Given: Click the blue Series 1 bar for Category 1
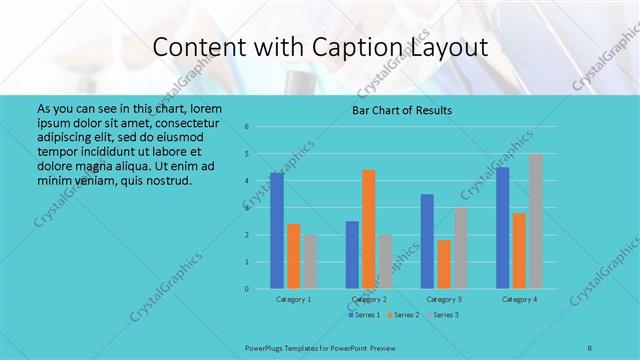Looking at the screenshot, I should (276, 231).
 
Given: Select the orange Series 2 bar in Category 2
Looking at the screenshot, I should (369, 229).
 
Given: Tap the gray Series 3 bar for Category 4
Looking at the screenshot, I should (536, 221).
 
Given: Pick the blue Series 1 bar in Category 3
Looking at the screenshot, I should (427, 241).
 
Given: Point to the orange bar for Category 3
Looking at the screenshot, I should (444, 264).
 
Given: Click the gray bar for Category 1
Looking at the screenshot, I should (310, 262).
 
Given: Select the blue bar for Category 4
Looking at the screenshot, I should (502, 228).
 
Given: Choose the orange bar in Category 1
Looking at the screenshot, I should (293, 256).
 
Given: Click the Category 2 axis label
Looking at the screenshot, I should (369, 299).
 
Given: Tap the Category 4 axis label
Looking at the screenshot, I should (519, 299).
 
